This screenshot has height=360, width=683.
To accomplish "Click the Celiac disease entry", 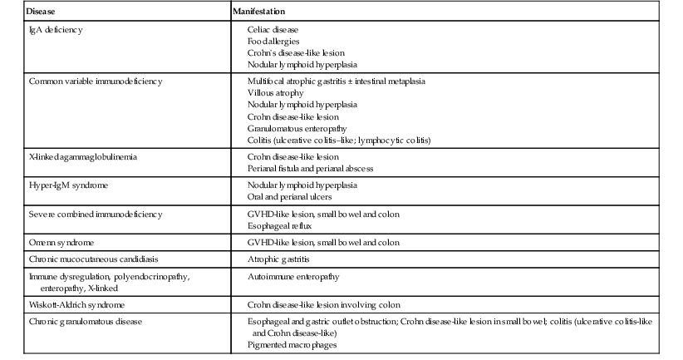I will pyautogui.click(x=273, y=30).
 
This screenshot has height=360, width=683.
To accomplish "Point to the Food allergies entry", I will pyautogui.click(x=273, y=41).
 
